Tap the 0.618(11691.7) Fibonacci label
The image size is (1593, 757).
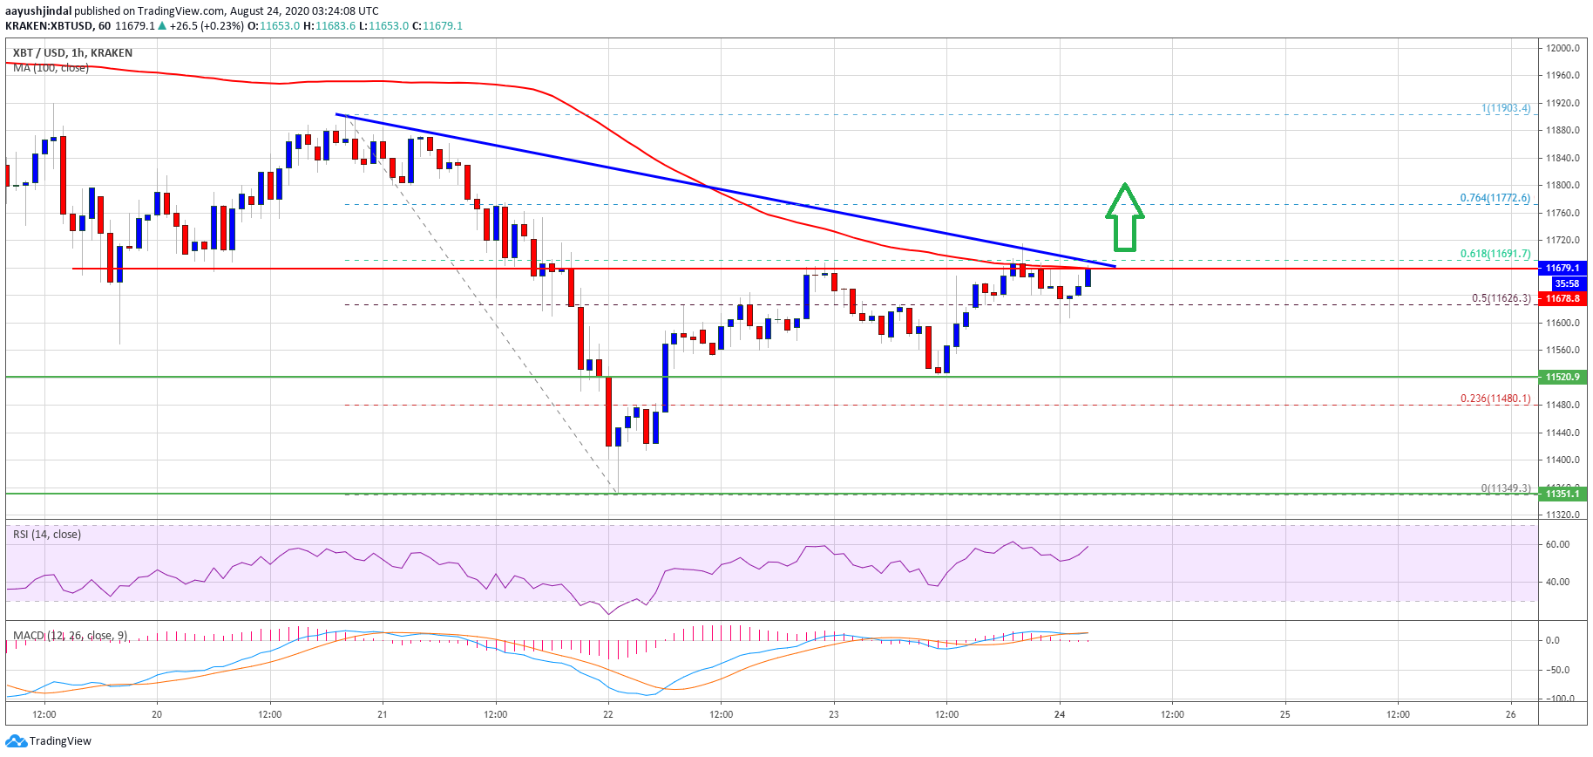[1495, 254]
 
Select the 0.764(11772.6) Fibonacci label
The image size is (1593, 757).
[1495, 198]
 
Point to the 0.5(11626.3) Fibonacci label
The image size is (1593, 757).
[1501, 298]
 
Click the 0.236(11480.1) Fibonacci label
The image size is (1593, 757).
[1495, 399]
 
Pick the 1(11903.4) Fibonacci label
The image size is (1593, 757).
[1505, 108]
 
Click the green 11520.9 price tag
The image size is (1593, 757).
[1562, 377]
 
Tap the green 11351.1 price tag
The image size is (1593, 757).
[1562, 494]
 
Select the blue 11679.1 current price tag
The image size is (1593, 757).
[1562, 268]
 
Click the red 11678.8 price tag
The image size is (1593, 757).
[1562, 298]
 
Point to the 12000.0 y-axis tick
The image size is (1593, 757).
[1562, 48]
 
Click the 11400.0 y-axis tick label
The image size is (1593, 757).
[1562, 460]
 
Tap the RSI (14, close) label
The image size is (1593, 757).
[47, 535]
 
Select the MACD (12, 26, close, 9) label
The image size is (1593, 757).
[70, 635]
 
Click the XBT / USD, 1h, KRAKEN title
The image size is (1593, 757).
[73, 52]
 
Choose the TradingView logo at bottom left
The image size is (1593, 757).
[49, 741]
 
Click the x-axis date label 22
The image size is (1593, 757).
[608, 714]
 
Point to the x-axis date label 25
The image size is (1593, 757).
[1285, 714]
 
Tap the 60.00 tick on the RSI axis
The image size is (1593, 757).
[1557, 544]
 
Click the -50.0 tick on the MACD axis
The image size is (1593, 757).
[1557, 670]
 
